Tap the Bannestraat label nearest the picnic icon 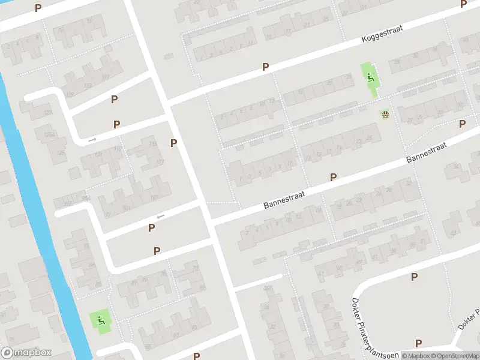click(x=427, y=151)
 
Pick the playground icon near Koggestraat click(x=370, y=76)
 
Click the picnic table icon click(x=385, y=113)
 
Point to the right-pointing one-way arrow click(x=92, y=140)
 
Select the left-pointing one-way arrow click(x=160, y=217)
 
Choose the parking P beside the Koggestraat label click(x=265, y=68)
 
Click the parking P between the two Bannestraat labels click(x=333, y=177)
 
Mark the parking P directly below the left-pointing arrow click(x=152, y=228)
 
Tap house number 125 click(x=61, y=154)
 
